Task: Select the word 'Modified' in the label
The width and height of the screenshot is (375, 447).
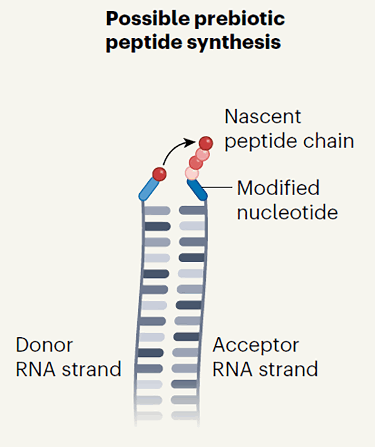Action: click(278, 188)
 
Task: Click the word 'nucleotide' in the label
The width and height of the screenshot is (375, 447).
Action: click(287, 212)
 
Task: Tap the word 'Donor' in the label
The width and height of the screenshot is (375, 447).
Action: click(44, 345)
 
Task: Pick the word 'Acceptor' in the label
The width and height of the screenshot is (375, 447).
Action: click(256, 345)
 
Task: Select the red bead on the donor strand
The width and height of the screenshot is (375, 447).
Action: click(160, 175)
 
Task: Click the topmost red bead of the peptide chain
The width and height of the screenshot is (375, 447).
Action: click(206, 143)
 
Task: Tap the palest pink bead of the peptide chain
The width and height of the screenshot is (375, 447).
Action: click(191, 173)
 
